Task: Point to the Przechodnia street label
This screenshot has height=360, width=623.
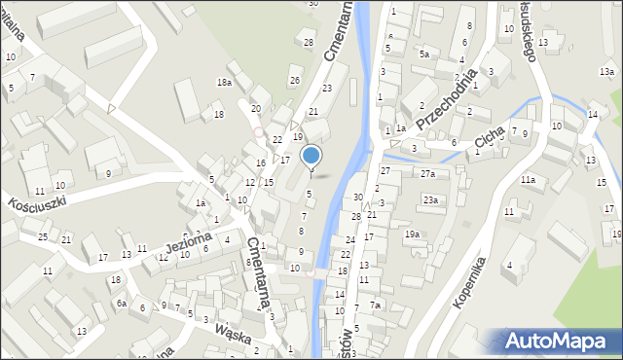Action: (x=446, y=99)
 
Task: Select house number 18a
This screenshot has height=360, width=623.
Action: (x=224, y=83)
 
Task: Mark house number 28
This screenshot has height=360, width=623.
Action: (x=309, y=42)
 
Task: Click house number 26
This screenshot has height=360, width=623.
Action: (x=294, y=80)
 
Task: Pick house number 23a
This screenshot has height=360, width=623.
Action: (x=430, y=199)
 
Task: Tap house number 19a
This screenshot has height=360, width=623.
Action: (x=413, y=234)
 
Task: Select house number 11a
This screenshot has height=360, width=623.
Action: (x=528, y=180)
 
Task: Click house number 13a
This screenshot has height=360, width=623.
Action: (x=606, y=72)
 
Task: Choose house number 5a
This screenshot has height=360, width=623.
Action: (x=423, y=54)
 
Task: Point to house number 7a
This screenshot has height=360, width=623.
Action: (x=376, y=306)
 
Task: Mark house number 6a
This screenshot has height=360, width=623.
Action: (x=122, y=304)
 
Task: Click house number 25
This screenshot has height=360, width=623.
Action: (x=43, y=237)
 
